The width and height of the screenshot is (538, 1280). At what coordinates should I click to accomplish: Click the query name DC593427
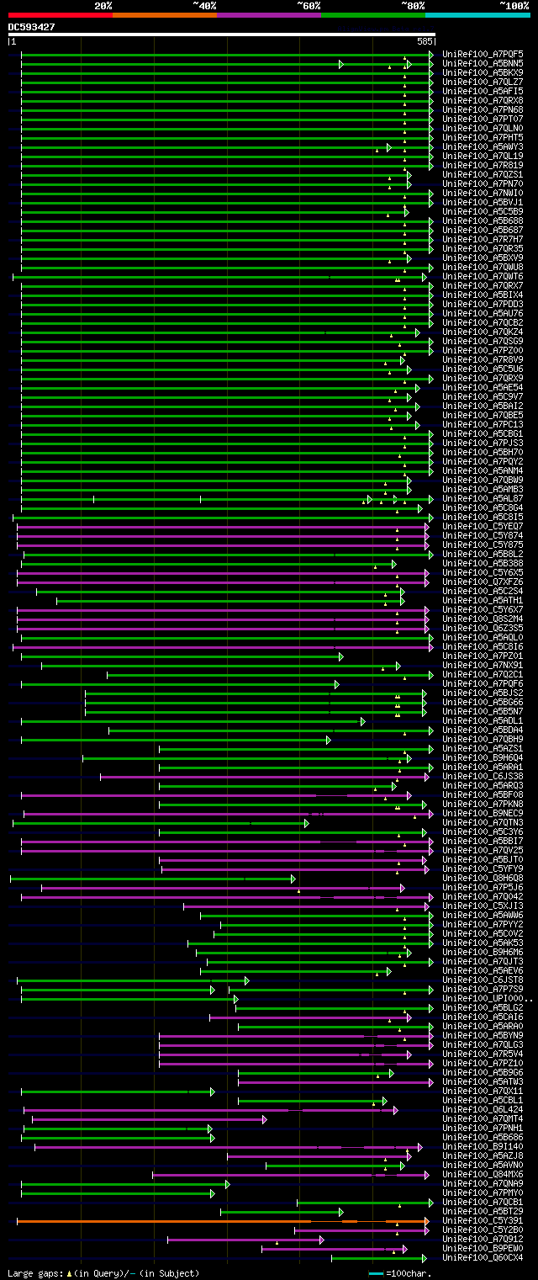click(32, 27)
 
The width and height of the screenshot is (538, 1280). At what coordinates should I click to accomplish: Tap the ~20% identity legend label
click(103, 6)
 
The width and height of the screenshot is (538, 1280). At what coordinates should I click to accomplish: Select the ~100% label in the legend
click(514, 6)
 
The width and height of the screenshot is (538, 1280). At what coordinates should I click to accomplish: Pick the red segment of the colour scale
click(60, 15)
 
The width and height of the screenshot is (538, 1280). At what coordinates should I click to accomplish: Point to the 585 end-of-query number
click(425, 40)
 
